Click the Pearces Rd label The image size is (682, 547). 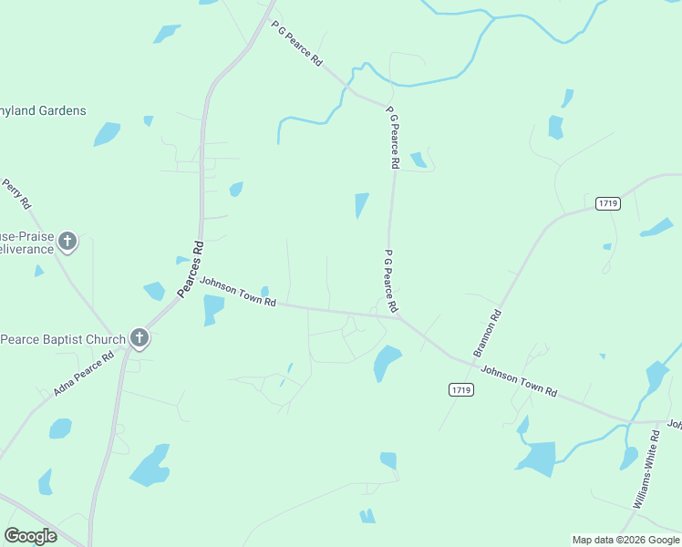tap(190, 269)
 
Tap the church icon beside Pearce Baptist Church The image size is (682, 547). tap(139, 339)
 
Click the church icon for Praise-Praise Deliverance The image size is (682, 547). tap(67, 242)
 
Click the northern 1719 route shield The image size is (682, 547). tap(608, 203)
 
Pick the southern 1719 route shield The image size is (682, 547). tap(461, 390)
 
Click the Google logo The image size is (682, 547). tap(30, 536)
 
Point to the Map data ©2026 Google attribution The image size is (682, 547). tap(625, 540)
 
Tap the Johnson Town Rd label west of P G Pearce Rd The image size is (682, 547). tap(238, 292)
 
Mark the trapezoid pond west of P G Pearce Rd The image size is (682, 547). tap(361, 205)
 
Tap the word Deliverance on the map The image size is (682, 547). tap(24, 249)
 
